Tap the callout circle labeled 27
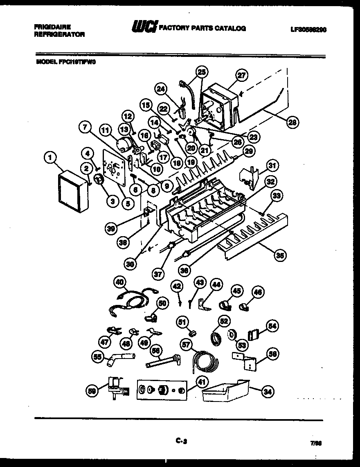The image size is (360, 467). [x=242, y=75]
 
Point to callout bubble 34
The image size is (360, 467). [x=268, y=391]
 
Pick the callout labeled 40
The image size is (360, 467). [x=119, y=282]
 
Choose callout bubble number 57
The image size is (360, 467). [x=187, y=345]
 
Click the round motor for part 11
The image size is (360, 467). [x=122, y=144]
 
